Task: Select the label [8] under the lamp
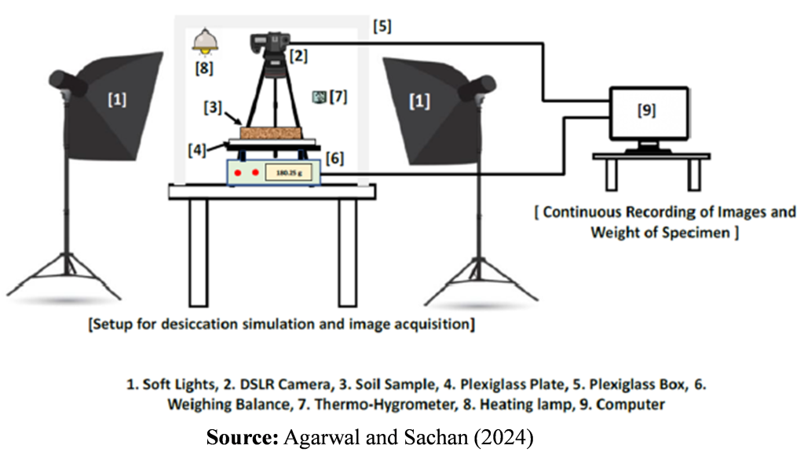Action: [x=203, y=68]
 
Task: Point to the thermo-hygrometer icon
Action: [x=318, y=97]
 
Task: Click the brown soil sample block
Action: [x=272, y=133]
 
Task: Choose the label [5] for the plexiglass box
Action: [x=382, y=26]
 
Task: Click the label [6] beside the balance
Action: [x=334, y=158]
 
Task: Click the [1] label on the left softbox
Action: [x=116, y=100]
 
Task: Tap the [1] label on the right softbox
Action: [x=420, y=102]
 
